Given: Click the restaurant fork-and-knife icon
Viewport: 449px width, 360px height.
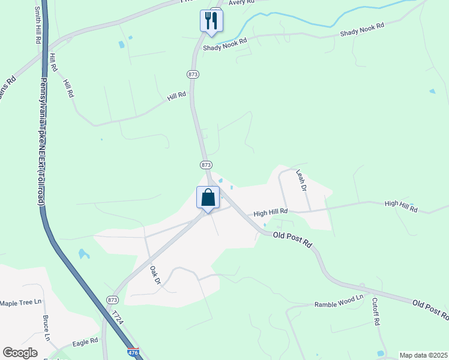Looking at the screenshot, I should click(x=211, y=20).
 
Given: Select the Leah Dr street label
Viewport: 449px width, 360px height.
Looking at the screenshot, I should click(x=301, y=180).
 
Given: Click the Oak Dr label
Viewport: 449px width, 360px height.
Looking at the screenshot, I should click(x=155, y=275).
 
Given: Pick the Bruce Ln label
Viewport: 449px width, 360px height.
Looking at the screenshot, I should click(x=46, y=328).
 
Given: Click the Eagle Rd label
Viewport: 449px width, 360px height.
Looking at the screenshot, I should click(x=85, y=342).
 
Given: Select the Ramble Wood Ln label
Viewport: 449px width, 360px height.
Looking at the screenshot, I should click(x=339, y=305).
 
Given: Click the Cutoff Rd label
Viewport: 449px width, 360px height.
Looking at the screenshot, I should click(x=376, y=312).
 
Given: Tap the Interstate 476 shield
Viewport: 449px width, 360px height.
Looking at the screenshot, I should click(x=133, y=353).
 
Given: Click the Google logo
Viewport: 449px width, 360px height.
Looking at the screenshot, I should click(x=20, y=353).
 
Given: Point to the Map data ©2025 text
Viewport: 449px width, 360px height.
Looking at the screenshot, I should click(x=423, y=355).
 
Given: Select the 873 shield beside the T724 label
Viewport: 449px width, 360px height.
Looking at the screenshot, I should click(x=112, y=299).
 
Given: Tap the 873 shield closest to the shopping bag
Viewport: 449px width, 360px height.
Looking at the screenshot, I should click(x=206, y=164).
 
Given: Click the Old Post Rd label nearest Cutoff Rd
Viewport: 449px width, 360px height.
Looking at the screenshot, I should click(x=430, y=309).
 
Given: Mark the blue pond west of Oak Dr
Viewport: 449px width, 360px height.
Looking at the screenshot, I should click(x=83, y=254).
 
